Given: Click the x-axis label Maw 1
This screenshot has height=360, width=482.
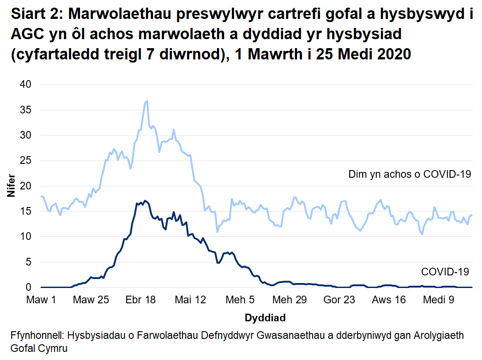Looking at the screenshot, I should coord(41,300).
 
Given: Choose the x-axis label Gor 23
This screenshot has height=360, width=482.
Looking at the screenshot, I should coord(339,300).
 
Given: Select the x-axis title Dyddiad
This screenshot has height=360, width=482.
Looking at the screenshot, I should coord(265,318).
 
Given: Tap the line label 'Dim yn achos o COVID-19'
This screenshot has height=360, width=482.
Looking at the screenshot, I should coord(410,174).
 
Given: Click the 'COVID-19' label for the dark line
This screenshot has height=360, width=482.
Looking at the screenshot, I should coord(445,272).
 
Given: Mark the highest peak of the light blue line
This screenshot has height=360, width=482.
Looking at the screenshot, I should coord(147,101).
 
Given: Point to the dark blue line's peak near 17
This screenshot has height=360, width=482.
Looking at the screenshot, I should coord(144,201).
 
